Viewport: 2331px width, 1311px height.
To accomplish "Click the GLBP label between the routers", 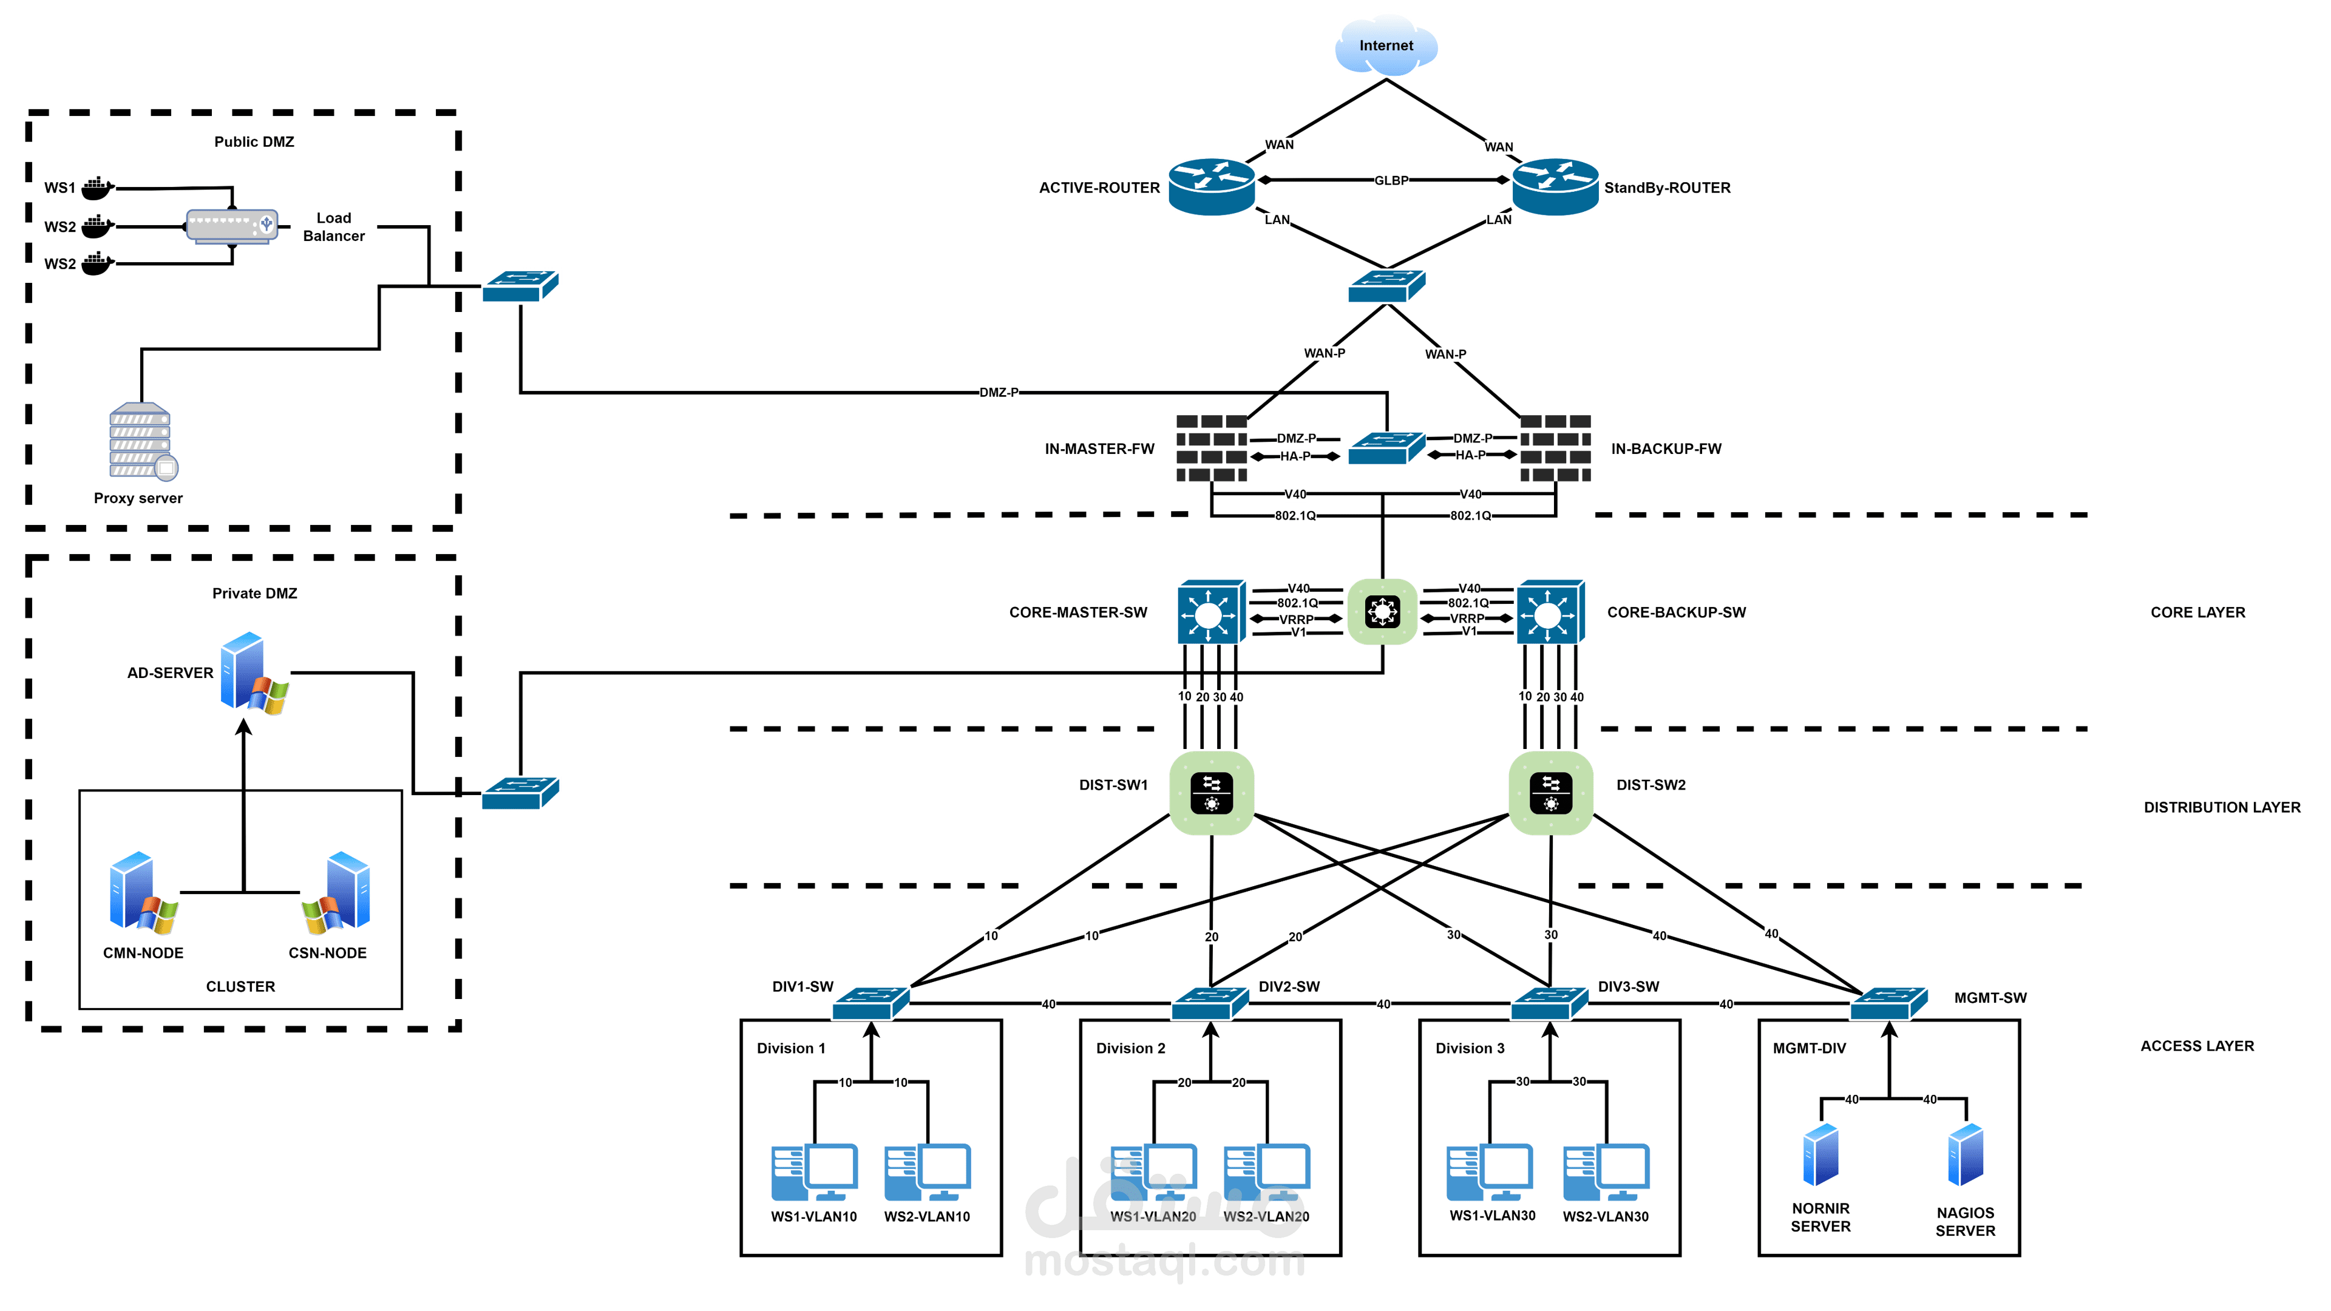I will pos(1391,180).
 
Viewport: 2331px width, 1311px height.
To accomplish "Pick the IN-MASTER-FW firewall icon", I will pos(1211,448).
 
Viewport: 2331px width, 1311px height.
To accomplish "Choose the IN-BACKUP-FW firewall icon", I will pos(1555,448).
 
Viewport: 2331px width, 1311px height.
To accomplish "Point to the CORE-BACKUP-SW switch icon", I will pos(1549,612).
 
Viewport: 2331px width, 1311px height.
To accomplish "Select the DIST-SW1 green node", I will pos(1212,793).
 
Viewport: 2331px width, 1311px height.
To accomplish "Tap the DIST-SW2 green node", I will pos(1550,793).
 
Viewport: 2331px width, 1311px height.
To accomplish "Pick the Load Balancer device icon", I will pos(232,225).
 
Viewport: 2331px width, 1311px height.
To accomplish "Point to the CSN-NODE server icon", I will pos(337,893).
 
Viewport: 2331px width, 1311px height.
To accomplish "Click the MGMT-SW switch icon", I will pos(1888,1003).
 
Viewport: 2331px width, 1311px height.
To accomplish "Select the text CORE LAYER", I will pos(2197,612).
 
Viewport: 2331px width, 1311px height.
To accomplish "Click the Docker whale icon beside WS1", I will pos(97,188).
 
